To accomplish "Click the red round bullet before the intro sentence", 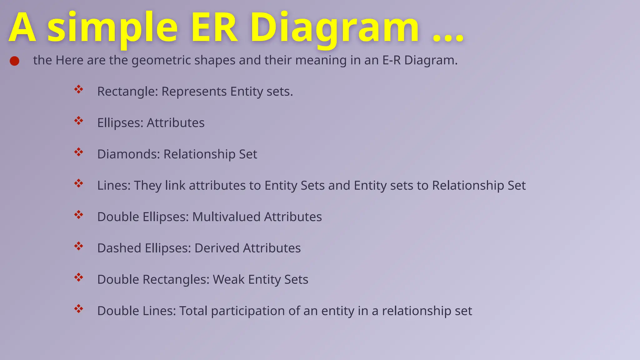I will pos(14,61).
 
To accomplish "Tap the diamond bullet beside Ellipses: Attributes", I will pos(78,121).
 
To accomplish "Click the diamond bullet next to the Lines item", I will pos(78,183).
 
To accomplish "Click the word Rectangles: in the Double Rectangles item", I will pos(176,280).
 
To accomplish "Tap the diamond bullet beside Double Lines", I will pos(78,309).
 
